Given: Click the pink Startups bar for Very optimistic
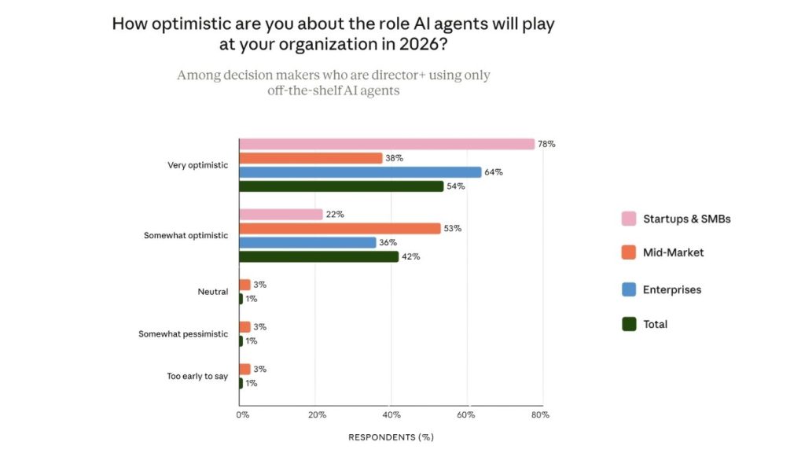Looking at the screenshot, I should [386, 144].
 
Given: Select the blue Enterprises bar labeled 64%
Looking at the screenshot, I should [360, 172].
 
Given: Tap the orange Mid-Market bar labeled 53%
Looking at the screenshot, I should [340, 229].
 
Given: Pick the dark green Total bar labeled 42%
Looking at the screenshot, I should [318, 256].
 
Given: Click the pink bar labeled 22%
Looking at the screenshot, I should [281, 215].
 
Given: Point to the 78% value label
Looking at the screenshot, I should [546, 144].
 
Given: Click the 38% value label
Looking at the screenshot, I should [394, 158].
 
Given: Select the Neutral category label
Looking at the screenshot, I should [212, 292].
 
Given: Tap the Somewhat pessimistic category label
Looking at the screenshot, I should [183, 334].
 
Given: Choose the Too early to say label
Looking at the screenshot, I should [197, 376].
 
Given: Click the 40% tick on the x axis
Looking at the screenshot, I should [391, 414].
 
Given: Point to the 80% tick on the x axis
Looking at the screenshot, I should [539, 414].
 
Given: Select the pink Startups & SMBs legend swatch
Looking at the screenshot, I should [629, 219].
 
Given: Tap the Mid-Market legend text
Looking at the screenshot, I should [673, 253].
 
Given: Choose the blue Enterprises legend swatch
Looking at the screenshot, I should [629, 289].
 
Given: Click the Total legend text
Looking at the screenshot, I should [655, 324].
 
